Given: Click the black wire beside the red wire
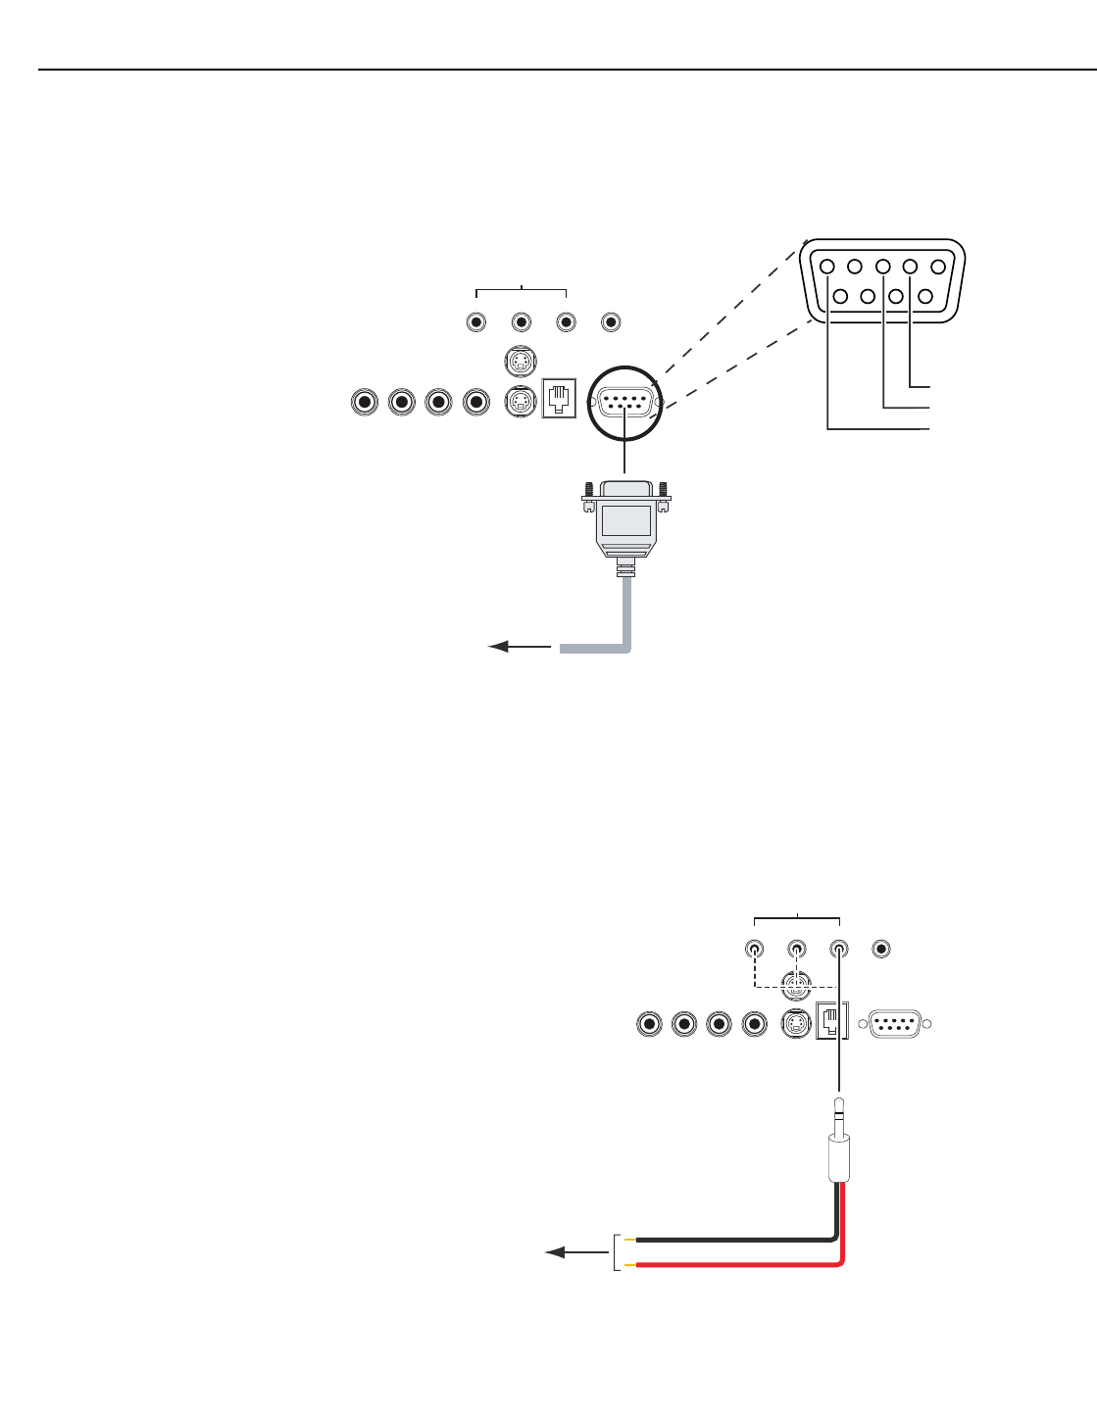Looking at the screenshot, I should point(735,1241).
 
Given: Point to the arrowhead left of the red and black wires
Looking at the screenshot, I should point(556,1252).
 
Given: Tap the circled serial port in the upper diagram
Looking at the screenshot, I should point(625,402).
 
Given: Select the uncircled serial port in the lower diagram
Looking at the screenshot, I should point(894,1024).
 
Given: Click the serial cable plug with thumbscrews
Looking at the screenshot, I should point(625,519).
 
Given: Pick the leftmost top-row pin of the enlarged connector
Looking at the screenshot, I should point(827,267).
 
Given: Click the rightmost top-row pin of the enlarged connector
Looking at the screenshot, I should point(938,267).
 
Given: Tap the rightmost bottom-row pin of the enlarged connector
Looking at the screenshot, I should point(923,295).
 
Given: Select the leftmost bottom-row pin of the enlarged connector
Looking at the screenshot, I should point(840,295).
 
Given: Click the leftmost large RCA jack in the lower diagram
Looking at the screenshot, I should point(648,1024).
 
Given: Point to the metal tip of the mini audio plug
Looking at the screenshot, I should point(839,1112).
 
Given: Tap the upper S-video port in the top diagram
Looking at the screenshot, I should point(520,364).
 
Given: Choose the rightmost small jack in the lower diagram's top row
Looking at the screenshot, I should point(882,949).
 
